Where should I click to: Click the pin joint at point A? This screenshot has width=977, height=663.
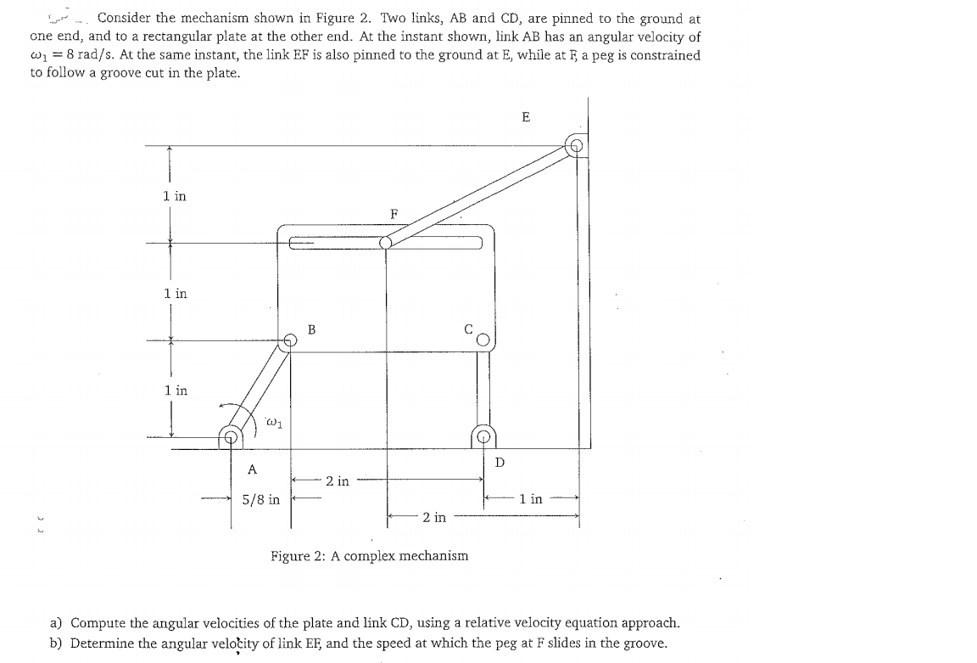(231, 438)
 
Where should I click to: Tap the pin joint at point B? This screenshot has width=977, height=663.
(290, 340)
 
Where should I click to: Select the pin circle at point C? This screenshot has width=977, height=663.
(483, 341)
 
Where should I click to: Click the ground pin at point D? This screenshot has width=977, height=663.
(483, 438)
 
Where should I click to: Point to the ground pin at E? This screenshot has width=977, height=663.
(577, 145)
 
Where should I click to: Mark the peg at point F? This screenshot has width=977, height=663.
(386, 242)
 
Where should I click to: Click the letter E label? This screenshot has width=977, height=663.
(526, 117)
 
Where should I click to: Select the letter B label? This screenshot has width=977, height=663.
(311, 329)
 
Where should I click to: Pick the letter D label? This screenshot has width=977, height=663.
(500, 463)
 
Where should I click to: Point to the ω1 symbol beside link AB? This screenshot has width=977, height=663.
(273, 419)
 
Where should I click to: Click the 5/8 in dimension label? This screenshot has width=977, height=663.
(260, 500)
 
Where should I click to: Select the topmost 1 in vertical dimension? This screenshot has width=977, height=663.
(175, 196)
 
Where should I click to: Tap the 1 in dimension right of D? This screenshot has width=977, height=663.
(531, 499)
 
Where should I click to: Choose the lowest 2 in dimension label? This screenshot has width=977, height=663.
(433, 516)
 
